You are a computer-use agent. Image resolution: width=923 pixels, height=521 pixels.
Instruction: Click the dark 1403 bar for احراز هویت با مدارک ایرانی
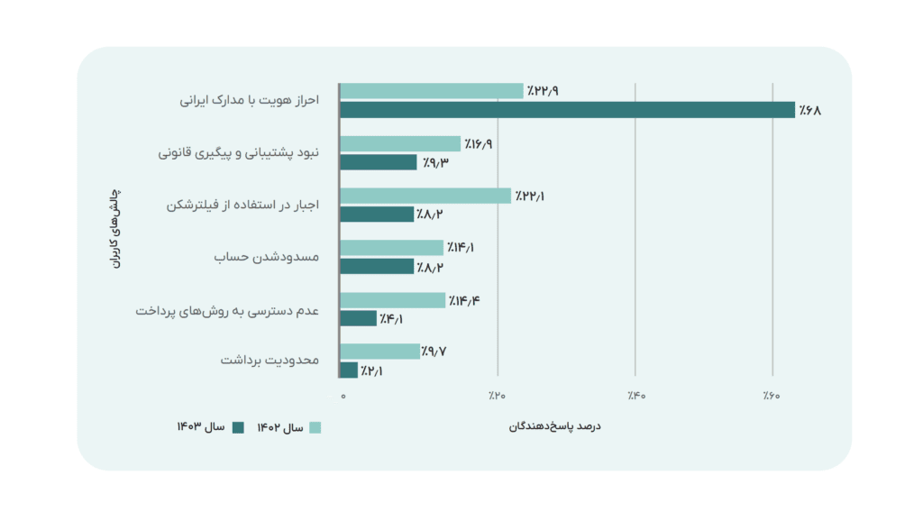coord(567,110)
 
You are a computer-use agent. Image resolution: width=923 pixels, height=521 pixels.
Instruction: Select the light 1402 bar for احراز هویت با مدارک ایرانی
coord(431,91)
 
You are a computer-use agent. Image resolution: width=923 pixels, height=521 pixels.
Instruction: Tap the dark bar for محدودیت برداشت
coord(349,370)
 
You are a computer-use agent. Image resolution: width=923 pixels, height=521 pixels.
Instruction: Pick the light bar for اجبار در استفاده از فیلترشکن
coord(425,196)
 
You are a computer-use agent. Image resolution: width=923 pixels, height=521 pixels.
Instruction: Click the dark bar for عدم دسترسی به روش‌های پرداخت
coord(358,318)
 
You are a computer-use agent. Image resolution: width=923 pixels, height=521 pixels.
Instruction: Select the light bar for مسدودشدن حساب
coord(391,248)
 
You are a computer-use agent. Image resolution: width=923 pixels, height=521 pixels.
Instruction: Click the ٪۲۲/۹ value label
coord(543,91)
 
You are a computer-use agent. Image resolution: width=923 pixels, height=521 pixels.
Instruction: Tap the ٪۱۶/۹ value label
coord(480,144)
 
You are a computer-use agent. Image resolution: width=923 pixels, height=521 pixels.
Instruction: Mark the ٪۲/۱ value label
coord(370,370)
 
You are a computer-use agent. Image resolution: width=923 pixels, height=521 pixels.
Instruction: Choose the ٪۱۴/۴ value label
coord(463,300)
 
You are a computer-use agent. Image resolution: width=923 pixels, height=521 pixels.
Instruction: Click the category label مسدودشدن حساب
coord(268,258)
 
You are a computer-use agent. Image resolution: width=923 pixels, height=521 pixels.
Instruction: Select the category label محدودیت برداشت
coord(270,361)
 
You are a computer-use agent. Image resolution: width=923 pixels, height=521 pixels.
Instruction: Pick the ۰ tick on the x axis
coord(343,396)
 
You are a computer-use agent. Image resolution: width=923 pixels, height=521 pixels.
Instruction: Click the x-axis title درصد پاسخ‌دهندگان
coord(555,425)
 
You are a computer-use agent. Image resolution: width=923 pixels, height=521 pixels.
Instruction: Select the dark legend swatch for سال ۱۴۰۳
coord(239,427)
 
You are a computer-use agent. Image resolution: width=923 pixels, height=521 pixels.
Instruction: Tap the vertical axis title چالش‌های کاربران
coord(115,231)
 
